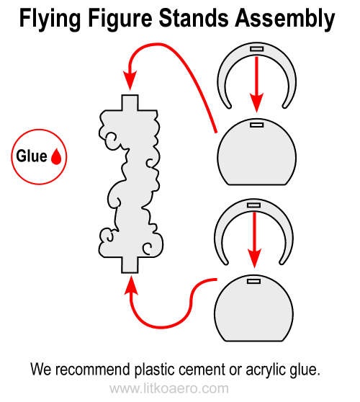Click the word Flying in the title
[50, 19]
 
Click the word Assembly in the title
[285, 19]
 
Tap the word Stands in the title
[194, 18]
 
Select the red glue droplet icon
[56, 156]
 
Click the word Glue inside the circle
[32, 156]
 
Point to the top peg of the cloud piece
[130, 103]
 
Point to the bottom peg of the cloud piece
[130, 265]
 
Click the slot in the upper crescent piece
[257, 49]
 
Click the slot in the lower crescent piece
[253, 205]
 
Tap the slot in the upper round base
[257, 125]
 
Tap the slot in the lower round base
[253, 281]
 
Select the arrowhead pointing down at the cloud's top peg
[130, 80]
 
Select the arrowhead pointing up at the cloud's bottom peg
[131, 285]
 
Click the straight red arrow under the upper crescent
[257, 84]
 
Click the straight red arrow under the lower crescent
[254, 240]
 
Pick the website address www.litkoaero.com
[169, 388]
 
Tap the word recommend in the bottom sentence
[92, 370]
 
